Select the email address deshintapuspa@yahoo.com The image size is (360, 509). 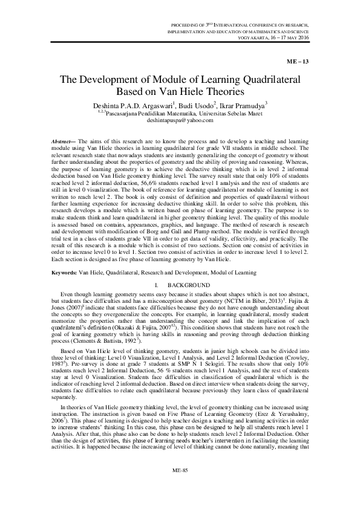click(x=180, y=121)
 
